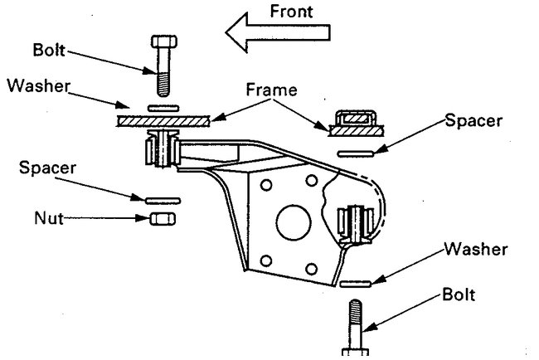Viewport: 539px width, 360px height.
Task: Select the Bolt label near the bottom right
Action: pos(459,294)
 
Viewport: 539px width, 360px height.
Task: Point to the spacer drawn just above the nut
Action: pos(160,200)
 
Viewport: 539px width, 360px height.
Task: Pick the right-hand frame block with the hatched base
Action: pos(354,122)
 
